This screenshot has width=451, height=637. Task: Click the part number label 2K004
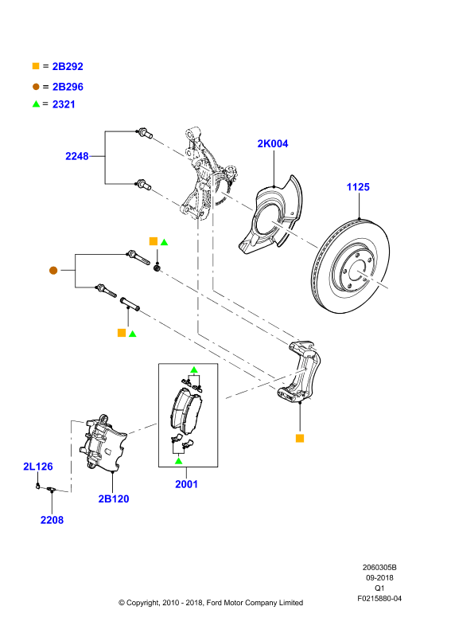[272, 143]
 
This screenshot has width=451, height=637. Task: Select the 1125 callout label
[358, 187]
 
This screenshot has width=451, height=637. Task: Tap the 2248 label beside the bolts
[76, 156]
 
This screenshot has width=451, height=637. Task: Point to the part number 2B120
[114, 499]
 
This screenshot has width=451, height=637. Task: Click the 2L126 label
[38, 467]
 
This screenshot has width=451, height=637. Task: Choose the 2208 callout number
[52, 520]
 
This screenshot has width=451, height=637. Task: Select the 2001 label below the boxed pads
[186, 484]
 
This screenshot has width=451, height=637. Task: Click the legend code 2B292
[68, 66]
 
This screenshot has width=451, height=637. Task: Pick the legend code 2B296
[68, 87]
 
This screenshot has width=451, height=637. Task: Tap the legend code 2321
[64, 104]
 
